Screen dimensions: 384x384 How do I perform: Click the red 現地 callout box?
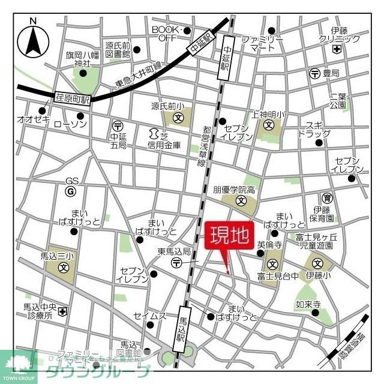(229, 236)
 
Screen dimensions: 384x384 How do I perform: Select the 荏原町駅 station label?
(73, 98)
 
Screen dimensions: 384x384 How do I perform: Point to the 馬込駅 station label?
(181, 329)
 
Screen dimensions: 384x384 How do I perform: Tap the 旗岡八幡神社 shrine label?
(83, 59)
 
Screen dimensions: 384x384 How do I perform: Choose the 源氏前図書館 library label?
(120, 50)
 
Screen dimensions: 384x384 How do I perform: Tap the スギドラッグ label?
(309, 129)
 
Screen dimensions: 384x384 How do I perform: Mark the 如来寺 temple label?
(307, 304)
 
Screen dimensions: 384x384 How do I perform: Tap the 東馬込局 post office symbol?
(176, 263)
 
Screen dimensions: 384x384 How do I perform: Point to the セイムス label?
(149, 316)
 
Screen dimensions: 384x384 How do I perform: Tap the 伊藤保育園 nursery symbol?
(327, 197)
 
